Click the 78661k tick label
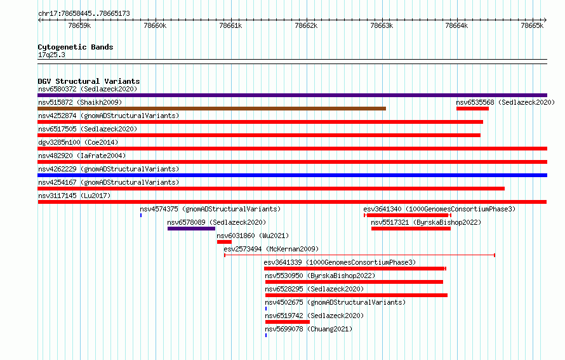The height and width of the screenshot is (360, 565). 230,25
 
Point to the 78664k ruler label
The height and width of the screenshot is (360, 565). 456,25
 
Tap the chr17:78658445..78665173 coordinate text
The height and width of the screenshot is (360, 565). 84,14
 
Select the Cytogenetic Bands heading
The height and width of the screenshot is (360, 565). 76,47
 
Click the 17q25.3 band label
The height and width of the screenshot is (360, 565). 51,55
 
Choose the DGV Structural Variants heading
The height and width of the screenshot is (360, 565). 89,81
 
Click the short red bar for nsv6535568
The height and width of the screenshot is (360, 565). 472,109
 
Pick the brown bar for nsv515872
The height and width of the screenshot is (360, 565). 212,109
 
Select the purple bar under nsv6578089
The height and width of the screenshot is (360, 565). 191,229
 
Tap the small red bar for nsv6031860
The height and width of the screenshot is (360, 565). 224,242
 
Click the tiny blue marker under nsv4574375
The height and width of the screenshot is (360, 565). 141,215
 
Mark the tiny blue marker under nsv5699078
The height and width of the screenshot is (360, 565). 266,335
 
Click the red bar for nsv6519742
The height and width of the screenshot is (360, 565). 287,322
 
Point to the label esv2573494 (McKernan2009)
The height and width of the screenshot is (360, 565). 271,249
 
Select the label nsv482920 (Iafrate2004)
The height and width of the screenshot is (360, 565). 82,156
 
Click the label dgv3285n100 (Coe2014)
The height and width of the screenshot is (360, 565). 78,142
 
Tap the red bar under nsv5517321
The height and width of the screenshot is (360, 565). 411,229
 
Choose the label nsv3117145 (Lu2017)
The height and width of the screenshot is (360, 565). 74,196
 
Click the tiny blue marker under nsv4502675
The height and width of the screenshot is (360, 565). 266,309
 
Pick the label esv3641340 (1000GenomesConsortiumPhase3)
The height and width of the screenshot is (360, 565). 439,209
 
